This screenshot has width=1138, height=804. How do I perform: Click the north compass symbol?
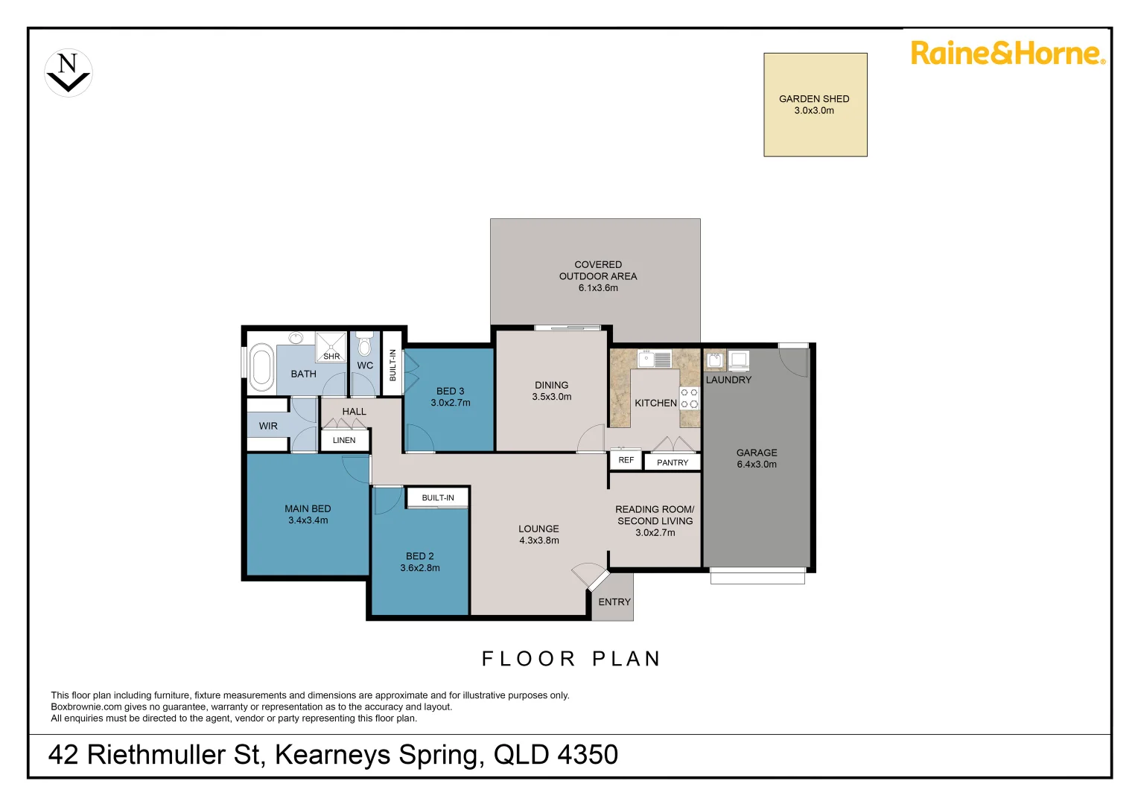(x=69, y=73)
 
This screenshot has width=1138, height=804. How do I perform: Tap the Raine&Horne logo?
(x=1008, y=54)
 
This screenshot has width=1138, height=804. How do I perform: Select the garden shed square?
(x=816, y=105)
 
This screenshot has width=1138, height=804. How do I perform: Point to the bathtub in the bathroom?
(x=261, y=367)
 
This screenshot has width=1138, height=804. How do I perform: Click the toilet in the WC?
(x=364, y=346)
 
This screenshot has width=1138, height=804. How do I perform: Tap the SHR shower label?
(x=331, y=357)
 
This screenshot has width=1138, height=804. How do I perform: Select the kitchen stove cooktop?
(x=689, y=398)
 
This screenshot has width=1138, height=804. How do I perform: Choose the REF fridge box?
(x=626, y=460)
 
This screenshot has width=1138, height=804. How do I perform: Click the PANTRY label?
(x=673, y=462)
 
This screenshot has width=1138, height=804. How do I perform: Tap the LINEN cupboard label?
(x=344, y=440)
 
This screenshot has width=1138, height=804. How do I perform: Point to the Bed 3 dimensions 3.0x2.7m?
(x=451, y=403)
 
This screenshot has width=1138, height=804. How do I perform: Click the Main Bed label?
(x=308, y=508)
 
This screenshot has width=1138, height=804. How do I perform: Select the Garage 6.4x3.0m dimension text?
(x=757, y=464)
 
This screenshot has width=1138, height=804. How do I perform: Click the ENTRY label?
(x=614, y=602)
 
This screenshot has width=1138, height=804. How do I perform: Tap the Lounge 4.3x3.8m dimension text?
(x=539, y=540)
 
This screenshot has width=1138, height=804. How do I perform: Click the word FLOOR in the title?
(x=529, y=659)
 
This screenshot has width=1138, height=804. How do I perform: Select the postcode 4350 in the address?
(x=587, y=755)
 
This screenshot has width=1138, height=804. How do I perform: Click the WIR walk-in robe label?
(x=268, y=426)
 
